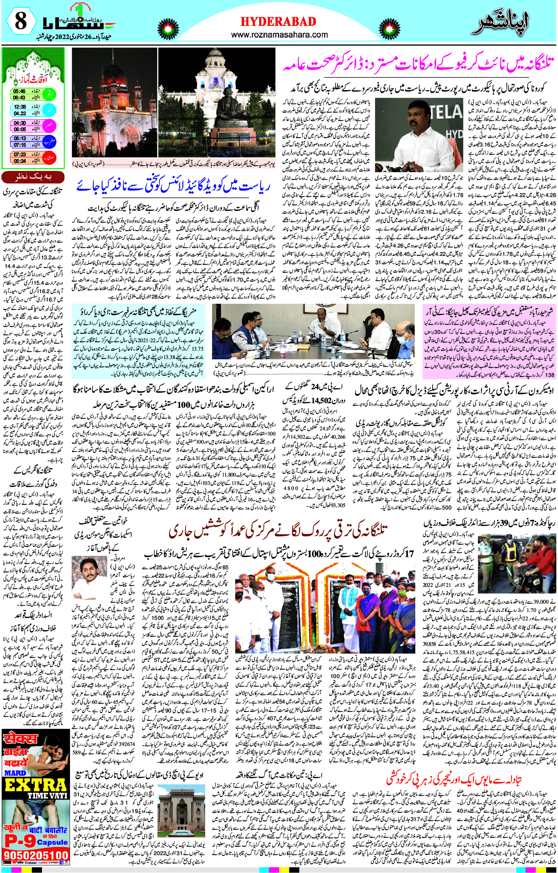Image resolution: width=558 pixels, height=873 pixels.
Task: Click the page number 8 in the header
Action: click(20, 21)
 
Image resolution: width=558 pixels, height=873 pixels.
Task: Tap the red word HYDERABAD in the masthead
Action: click(278, 21)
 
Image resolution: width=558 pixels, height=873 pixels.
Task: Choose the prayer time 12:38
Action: click(20, 107)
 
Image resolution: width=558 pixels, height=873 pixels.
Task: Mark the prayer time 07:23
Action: click(20, 154)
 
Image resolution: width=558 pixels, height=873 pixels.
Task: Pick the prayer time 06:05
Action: click(20, 129)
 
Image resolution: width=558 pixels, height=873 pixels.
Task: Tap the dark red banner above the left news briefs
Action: click(33, 177)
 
